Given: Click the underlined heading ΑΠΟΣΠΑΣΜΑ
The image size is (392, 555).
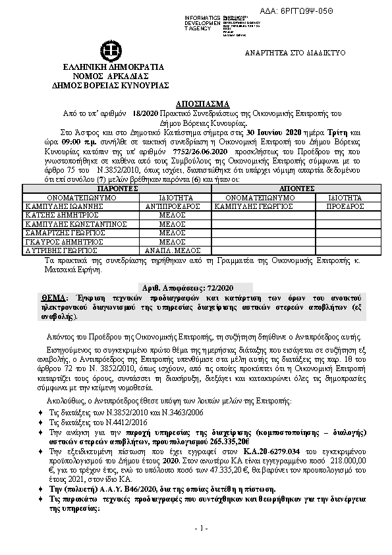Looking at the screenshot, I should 203,104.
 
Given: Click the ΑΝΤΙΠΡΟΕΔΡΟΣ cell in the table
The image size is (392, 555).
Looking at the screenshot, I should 172,206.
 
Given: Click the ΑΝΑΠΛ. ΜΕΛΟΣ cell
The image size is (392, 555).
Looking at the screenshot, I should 172,251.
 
